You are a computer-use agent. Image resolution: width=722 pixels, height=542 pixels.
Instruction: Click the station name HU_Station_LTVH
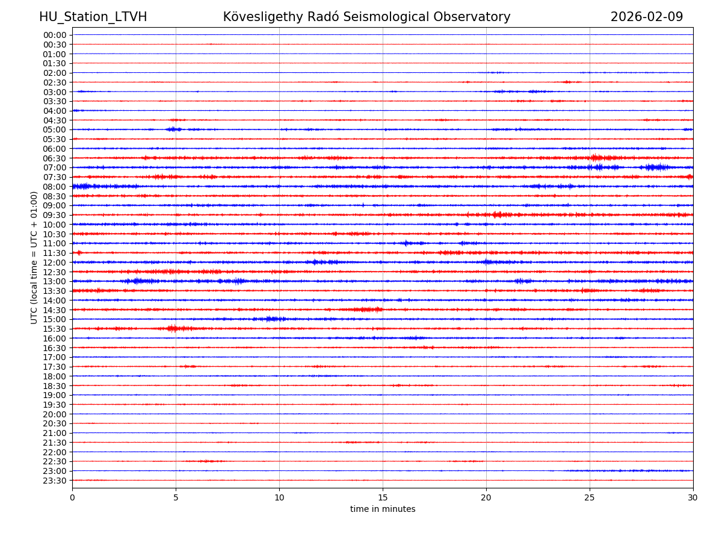click(93, 17)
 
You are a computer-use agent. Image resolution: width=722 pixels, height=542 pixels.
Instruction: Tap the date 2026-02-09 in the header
click(647, 17)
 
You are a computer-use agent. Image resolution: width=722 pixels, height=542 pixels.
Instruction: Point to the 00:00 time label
click(55, 35)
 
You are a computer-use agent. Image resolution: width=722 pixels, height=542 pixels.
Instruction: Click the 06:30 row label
click(55, 158)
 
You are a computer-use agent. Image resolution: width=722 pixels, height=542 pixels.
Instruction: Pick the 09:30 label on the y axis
click(55, 215)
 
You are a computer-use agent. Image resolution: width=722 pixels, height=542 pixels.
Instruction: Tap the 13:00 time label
click(55, 281)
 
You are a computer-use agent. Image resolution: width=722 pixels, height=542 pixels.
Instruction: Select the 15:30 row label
click(55, 329)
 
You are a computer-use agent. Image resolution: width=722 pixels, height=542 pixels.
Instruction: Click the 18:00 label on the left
click(55, 376)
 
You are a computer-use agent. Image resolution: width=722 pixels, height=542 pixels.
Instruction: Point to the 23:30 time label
click(55, 481)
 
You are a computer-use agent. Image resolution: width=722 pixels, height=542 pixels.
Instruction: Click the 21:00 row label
click(55, 433)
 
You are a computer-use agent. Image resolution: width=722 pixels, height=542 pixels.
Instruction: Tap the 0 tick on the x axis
click(72, 498)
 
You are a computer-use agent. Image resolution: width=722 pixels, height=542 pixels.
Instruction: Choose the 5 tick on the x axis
click(176, 498)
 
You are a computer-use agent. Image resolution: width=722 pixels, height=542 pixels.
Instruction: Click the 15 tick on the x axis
click(383, 498)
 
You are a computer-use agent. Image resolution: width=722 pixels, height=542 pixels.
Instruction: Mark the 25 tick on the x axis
click(590, 498)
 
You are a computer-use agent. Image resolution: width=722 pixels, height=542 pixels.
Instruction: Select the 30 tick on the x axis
click(693, 498)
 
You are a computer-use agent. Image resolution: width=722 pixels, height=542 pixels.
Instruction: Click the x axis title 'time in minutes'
click(383, 509)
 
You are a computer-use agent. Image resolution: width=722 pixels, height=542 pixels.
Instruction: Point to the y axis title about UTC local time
click(34, 257)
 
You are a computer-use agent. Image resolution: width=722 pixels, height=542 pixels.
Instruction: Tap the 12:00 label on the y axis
click(55, 263)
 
